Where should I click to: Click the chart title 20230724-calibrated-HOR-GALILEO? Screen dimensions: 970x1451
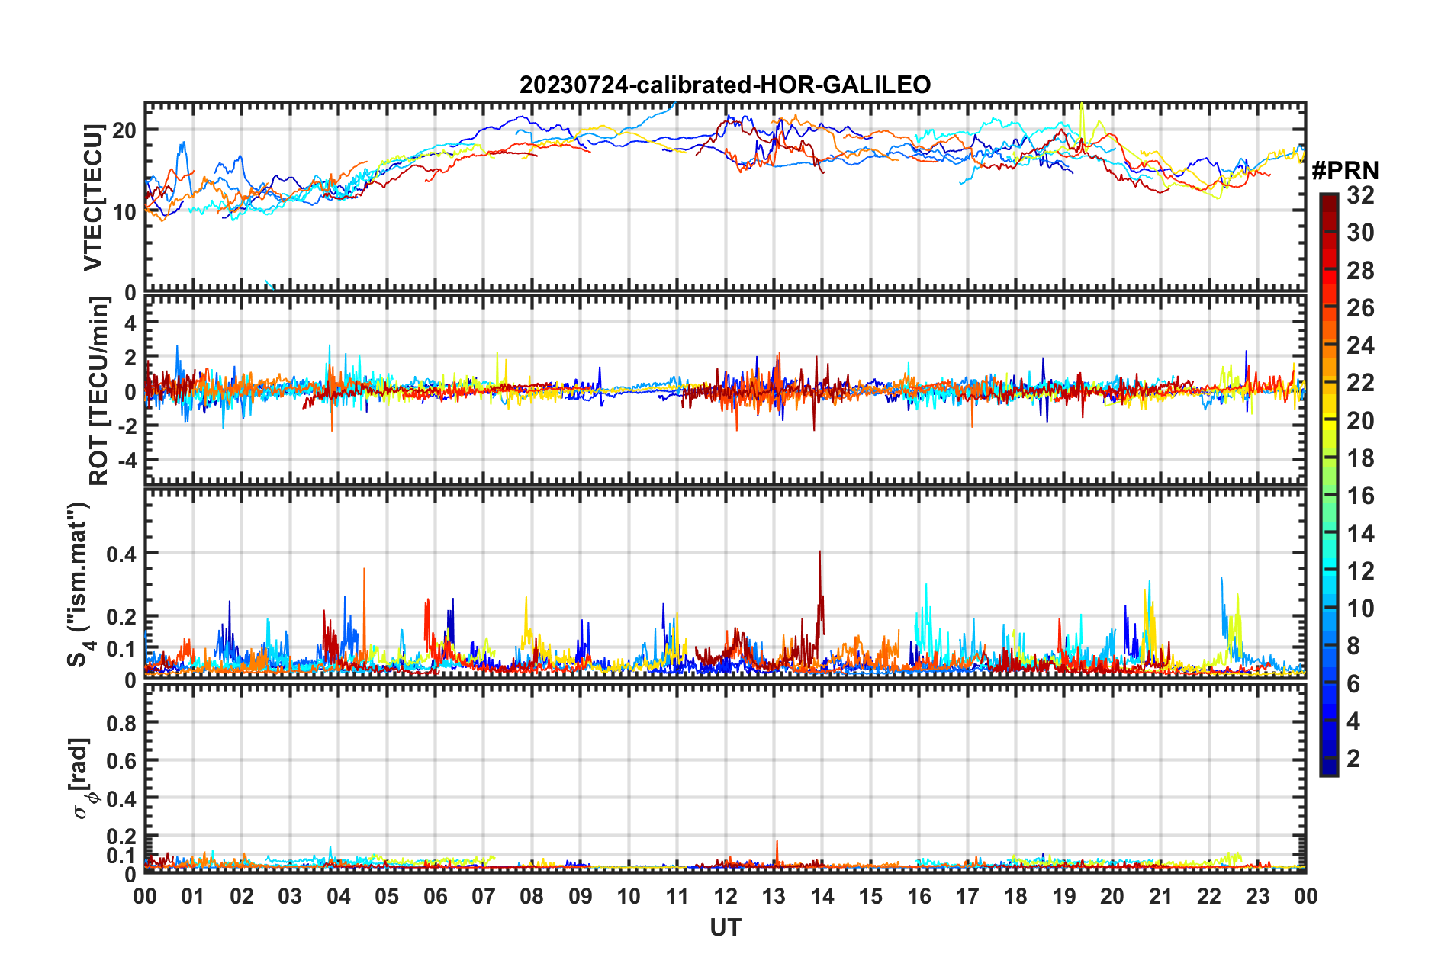point(725,85)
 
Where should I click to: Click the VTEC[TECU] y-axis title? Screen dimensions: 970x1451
point(93,198)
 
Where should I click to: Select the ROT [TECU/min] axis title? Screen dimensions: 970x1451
point(99,391)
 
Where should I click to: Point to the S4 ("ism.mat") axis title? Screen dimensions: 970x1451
point(79,584)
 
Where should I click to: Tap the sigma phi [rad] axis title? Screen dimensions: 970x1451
point(82,778)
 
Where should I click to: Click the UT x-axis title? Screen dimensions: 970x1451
point(725,927)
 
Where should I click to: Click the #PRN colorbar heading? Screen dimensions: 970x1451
point(1344,171)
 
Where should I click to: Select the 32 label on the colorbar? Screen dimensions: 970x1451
point(1360,195)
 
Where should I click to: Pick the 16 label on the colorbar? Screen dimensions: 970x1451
point(1360,496)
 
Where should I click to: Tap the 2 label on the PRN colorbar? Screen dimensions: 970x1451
point(1353,758)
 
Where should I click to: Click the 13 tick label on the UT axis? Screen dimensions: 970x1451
point(774,896)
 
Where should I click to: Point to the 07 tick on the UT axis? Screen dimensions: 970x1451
point(484,896)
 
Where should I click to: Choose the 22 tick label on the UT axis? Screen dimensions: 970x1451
point(1209,896)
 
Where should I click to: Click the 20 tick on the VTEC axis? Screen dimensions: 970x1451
point(124,130)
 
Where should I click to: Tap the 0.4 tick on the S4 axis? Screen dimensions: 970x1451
point(121,554)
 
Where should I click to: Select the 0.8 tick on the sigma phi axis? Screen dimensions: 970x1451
point(121,723)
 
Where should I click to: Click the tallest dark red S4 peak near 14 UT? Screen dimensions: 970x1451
point(819,552)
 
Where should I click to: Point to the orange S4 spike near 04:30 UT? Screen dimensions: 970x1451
point(364,570)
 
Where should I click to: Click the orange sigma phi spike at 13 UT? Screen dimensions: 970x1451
point(777,843)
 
